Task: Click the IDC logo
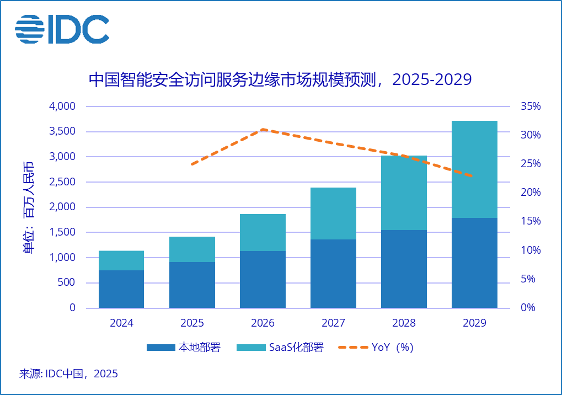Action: tap(62, 29)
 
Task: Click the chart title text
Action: tap(280, 80)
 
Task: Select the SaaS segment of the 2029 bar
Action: tap(474, 169)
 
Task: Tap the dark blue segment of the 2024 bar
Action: tap(121, 289)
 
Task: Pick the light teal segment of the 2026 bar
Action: tap(263, 232)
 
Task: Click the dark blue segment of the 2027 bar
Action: tap(333, 273)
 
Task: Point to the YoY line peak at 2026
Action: tap(263, 129)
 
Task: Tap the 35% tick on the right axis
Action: tap(531, 106)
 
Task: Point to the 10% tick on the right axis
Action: tap(531, 250)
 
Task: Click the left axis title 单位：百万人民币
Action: tap(28, 207)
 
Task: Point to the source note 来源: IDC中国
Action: tap(68, 374)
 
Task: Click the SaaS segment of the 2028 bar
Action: tap(404, 193)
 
